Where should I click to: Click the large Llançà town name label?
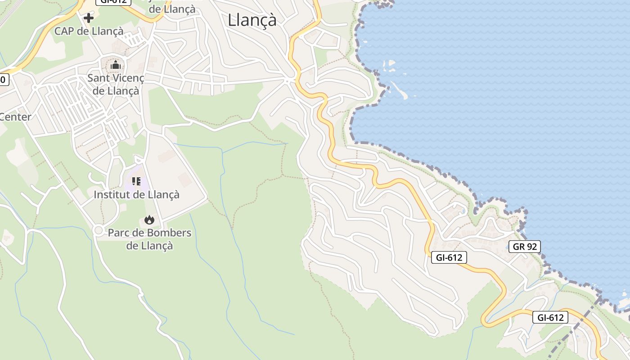coord(252,20)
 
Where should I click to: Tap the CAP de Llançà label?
coord(89,31)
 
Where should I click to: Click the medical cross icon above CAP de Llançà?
coord(89,18)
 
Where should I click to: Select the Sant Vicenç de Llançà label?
coord(116,84)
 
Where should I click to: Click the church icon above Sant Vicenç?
coord(116,65)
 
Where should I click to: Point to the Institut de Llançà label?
coord(136,194)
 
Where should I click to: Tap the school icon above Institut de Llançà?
coord(136,181)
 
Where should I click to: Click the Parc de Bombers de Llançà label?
coord(149,239)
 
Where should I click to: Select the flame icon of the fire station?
coord(149,220)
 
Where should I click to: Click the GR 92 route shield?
coord(525,247)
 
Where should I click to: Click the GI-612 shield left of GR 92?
coord(449,257)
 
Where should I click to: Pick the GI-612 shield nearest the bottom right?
coord(550,317)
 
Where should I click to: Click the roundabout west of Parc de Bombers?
coord(99,230)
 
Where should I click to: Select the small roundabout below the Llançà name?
coord(288,81)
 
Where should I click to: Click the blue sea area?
coord(495,90)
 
